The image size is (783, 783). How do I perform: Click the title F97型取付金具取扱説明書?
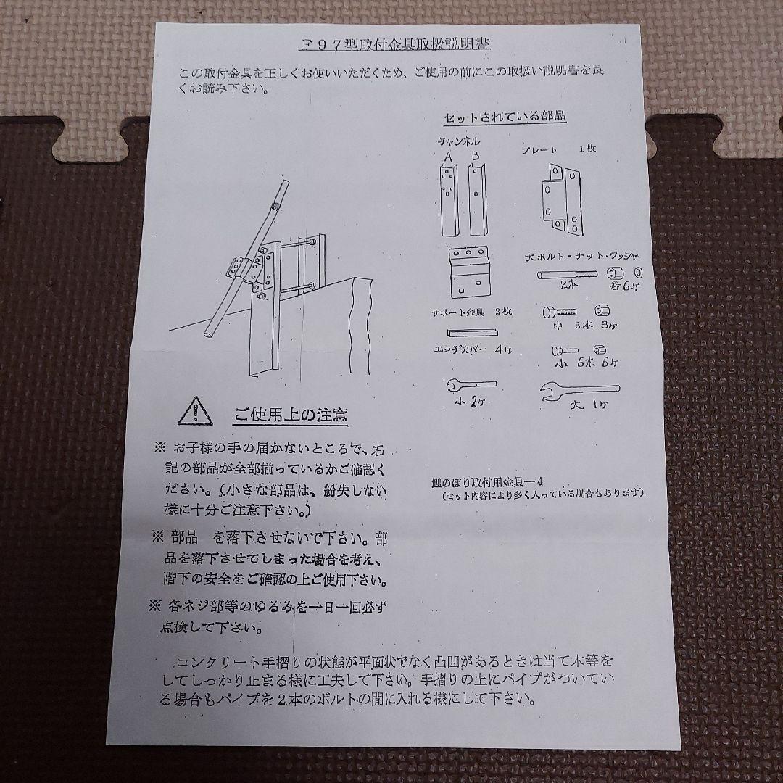394,44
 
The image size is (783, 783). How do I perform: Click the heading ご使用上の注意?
290,415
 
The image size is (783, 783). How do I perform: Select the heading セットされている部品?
505,116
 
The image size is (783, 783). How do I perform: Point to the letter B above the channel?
475,155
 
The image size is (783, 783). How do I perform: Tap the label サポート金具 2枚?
468,312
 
